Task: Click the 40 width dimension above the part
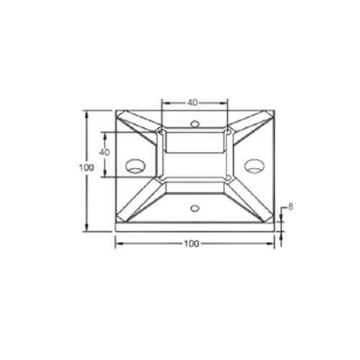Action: pyautogui.click(x=192, y=102)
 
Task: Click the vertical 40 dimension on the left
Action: pyautogui.click(x=104, y=153)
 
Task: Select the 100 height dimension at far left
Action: pyautogui.click(x=86, y=167)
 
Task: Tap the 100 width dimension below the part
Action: pyautogui.click(x=191, y=244)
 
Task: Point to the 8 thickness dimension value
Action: pyautogui.click(x=290, y=207)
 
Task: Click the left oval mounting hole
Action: pyautogui.click(x=135, y=166)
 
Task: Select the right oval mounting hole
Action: pyautogui.click(x=253, y=166)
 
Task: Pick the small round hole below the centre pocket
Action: pyautogui.click(x=194, y=209)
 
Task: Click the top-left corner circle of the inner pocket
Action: pyautogui.click(x=160, y=132)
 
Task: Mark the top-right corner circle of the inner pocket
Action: pyautogui.click(x=228, y=132)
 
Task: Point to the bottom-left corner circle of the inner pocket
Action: pyautogui.click(x=160, y=176)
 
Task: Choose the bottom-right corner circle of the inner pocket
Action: pyautogui.click(x=228, y=176)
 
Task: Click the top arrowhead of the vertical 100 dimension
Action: pyautogui.click(x=87, y=113)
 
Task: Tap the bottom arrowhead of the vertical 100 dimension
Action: pyautogui.click(x=87, y=228)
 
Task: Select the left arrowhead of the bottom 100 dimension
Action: pyautogui.click(x=118, y=243)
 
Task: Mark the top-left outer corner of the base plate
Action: pyautogui.click(x=115, y=110)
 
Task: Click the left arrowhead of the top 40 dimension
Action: pyautogui.click(x=163, y=102)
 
